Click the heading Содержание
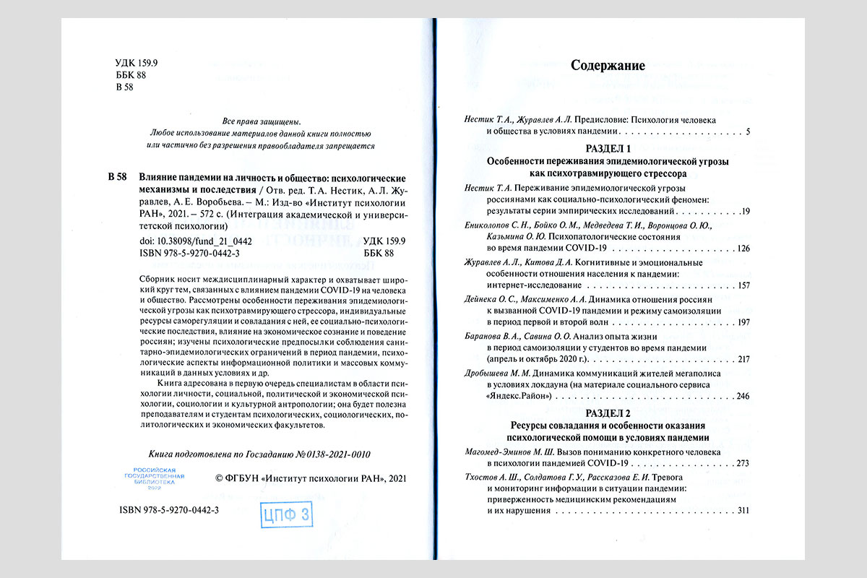(x=608, y=66)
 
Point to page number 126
(x=741, y=249)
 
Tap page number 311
(x=742, y=511)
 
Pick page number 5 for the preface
(x=748, y=132)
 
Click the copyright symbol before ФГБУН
(x=221, y=478)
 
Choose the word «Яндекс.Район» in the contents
(x=519, y=397)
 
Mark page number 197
(x=741, y=322)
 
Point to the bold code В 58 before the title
(x=117, y=178)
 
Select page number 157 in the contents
(x=741, y=285)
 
